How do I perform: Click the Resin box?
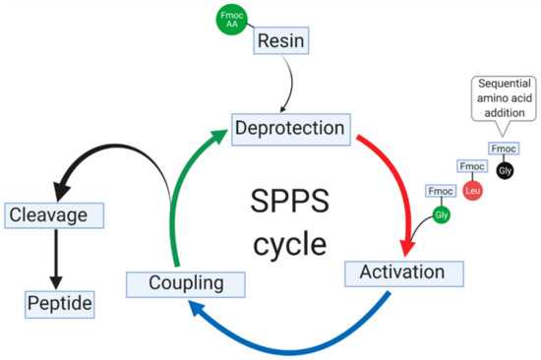(x=283, y=40)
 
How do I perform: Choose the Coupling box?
(x=176, y=284)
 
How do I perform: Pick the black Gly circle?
(x=506, y=170)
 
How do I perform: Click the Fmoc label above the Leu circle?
(x=471, y=167)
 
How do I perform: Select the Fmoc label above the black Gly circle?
(x=504, y=149)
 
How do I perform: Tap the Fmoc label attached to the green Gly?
(x=439, y=189)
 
